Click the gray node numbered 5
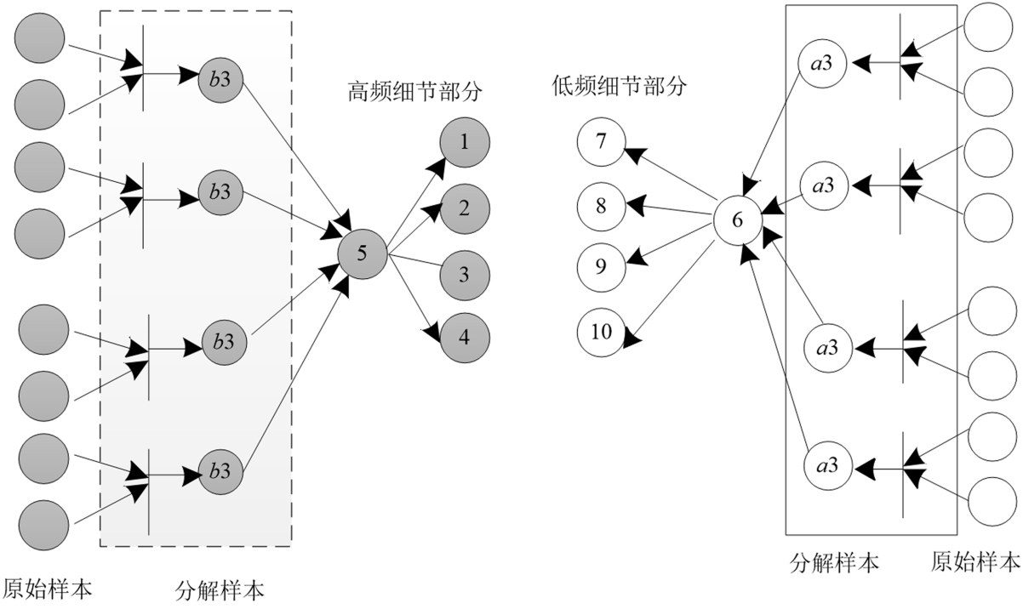[x=362, y=253]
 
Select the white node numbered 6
[x=737, y=219]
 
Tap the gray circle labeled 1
[x=464, y=141]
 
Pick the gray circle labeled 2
[x=464, y=208]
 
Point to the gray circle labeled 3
[x=464, y=274]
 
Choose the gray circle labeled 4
[x=464, y=336]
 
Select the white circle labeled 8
[x=601, y=204]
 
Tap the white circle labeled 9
[x=601, y=267]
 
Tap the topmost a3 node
[x=821, y=64]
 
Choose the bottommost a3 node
[x=827, y=465]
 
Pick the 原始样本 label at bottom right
[x=974, y=562]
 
